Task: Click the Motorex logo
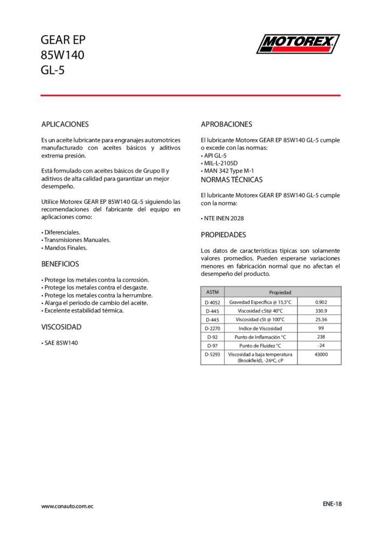[298, 44]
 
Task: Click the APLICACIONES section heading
[65, 124]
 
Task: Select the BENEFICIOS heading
[60, 264]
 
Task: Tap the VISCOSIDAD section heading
[61, 327]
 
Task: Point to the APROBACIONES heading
[226, 124]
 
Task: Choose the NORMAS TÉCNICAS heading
[232, 179]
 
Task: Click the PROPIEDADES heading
[223, 235]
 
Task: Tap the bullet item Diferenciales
[61, 232]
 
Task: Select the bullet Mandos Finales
[64, 248]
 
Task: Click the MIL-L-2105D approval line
[221, 163]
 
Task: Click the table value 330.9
[321, 311]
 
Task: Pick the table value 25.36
[321, 320]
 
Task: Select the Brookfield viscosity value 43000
[321, 354]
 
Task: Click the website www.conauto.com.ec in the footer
[68, 506]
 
